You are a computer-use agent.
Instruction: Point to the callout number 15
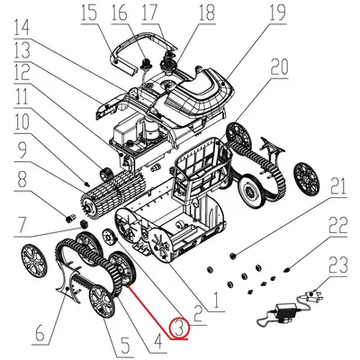click(x=112, y=13)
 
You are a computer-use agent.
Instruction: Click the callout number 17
click(x=173, y=13)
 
